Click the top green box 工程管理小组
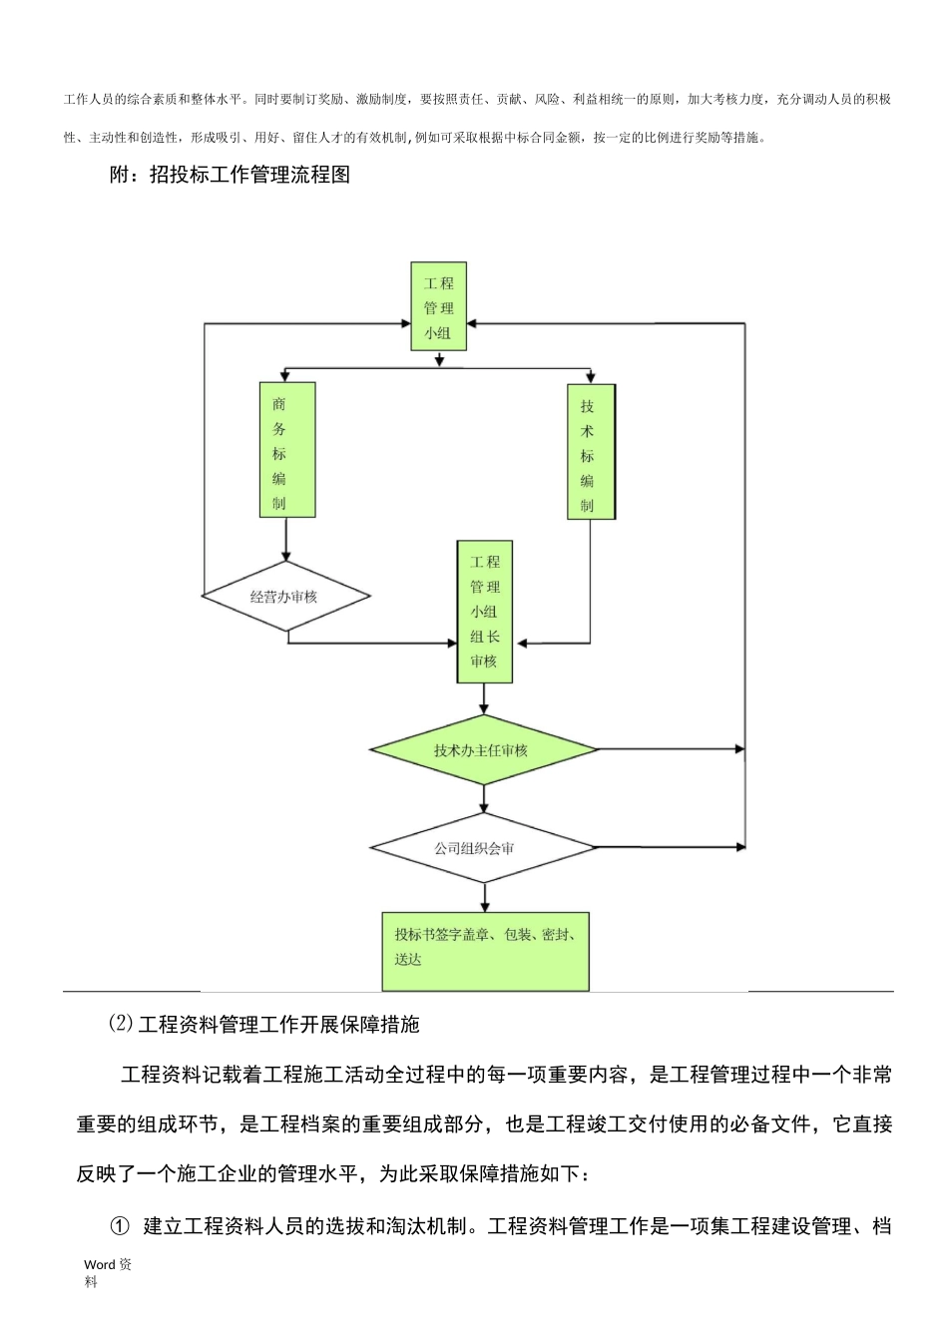(438, 306)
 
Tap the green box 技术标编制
(591, 451)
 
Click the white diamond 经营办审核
(285, 597)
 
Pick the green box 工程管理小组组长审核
(484, 612)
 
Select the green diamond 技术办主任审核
(483, 749)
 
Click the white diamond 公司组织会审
(483, 848)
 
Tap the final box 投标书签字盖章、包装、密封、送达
(485, 949)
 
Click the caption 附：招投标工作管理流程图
(230, 176)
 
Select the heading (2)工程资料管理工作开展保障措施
(263, 1024)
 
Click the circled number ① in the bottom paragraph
(120, 1226)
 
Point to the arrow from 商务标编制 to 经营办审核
(286, 540)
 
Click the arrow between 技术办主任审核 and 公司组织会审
(484, 798)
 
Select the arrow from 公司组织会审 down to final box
(484, 897)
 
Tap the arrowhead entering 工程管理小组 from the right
(474, 323)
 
